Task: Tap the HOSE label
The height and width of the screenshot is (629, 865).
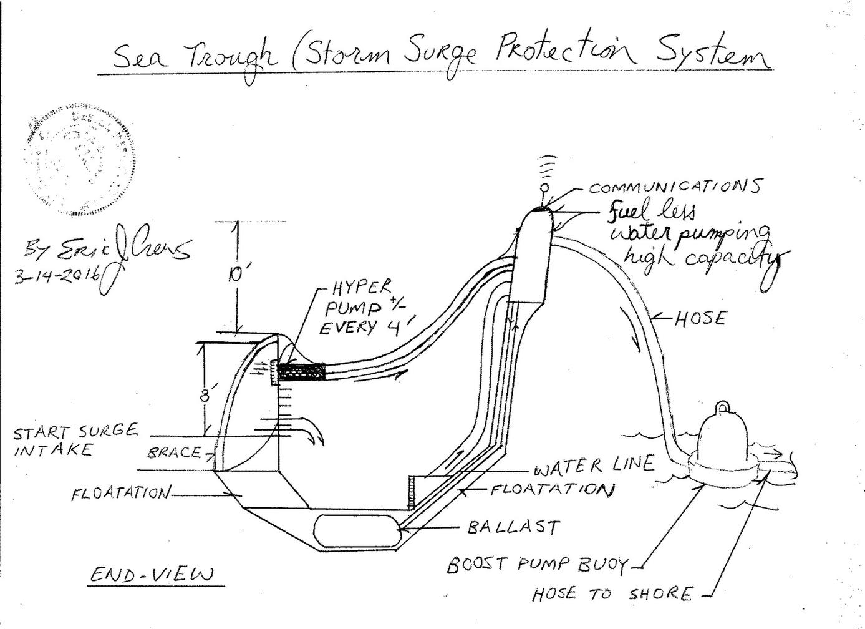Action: [x=700, y=318]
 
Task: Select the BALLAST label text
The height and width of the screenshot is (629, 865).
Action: [x=514, y=527]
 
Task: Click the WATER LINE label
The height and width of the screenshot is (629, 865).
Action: [x=594, y=465]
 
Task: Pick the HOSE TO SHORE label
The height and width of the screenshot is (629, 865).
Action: [x=612, y=593]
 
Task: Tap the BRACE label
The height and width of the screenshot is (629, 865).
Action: [x=175, y=453]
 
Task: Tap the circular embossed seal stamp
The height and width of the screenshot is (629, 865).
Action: [x=80, y=165]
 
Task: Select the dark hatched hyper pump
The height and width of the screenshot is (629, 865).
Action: [x=302, y=373]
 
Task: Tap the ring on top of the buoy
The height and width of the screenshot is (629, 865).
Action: [x=725, y=407]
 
